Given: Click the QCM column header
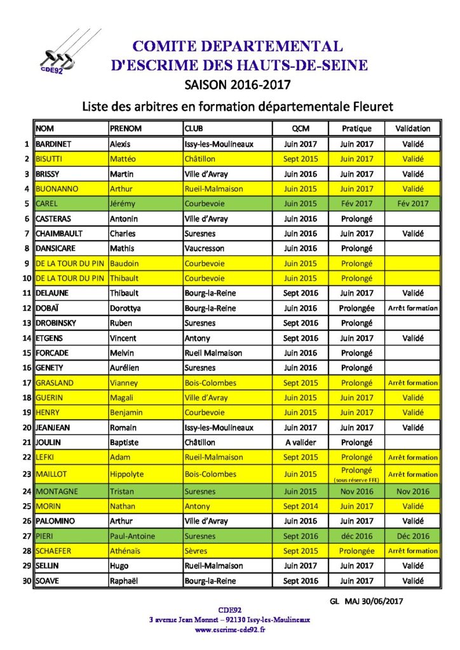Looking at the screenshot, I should pos(301,128).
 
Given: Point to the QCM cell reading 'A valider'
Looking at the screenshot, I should pos(301,442).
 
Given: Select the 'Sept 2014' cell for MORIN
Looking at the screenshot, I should pos(301,507).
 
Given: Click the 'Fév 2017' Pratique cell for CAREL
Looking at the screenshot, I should pos(356,204).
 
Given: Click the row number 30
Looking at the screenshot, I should pos(27,581).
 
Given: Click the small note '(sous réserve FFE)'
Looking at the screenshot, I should pos(356,480).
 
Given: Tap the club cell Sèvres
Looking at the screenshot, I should pos(196,551).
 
